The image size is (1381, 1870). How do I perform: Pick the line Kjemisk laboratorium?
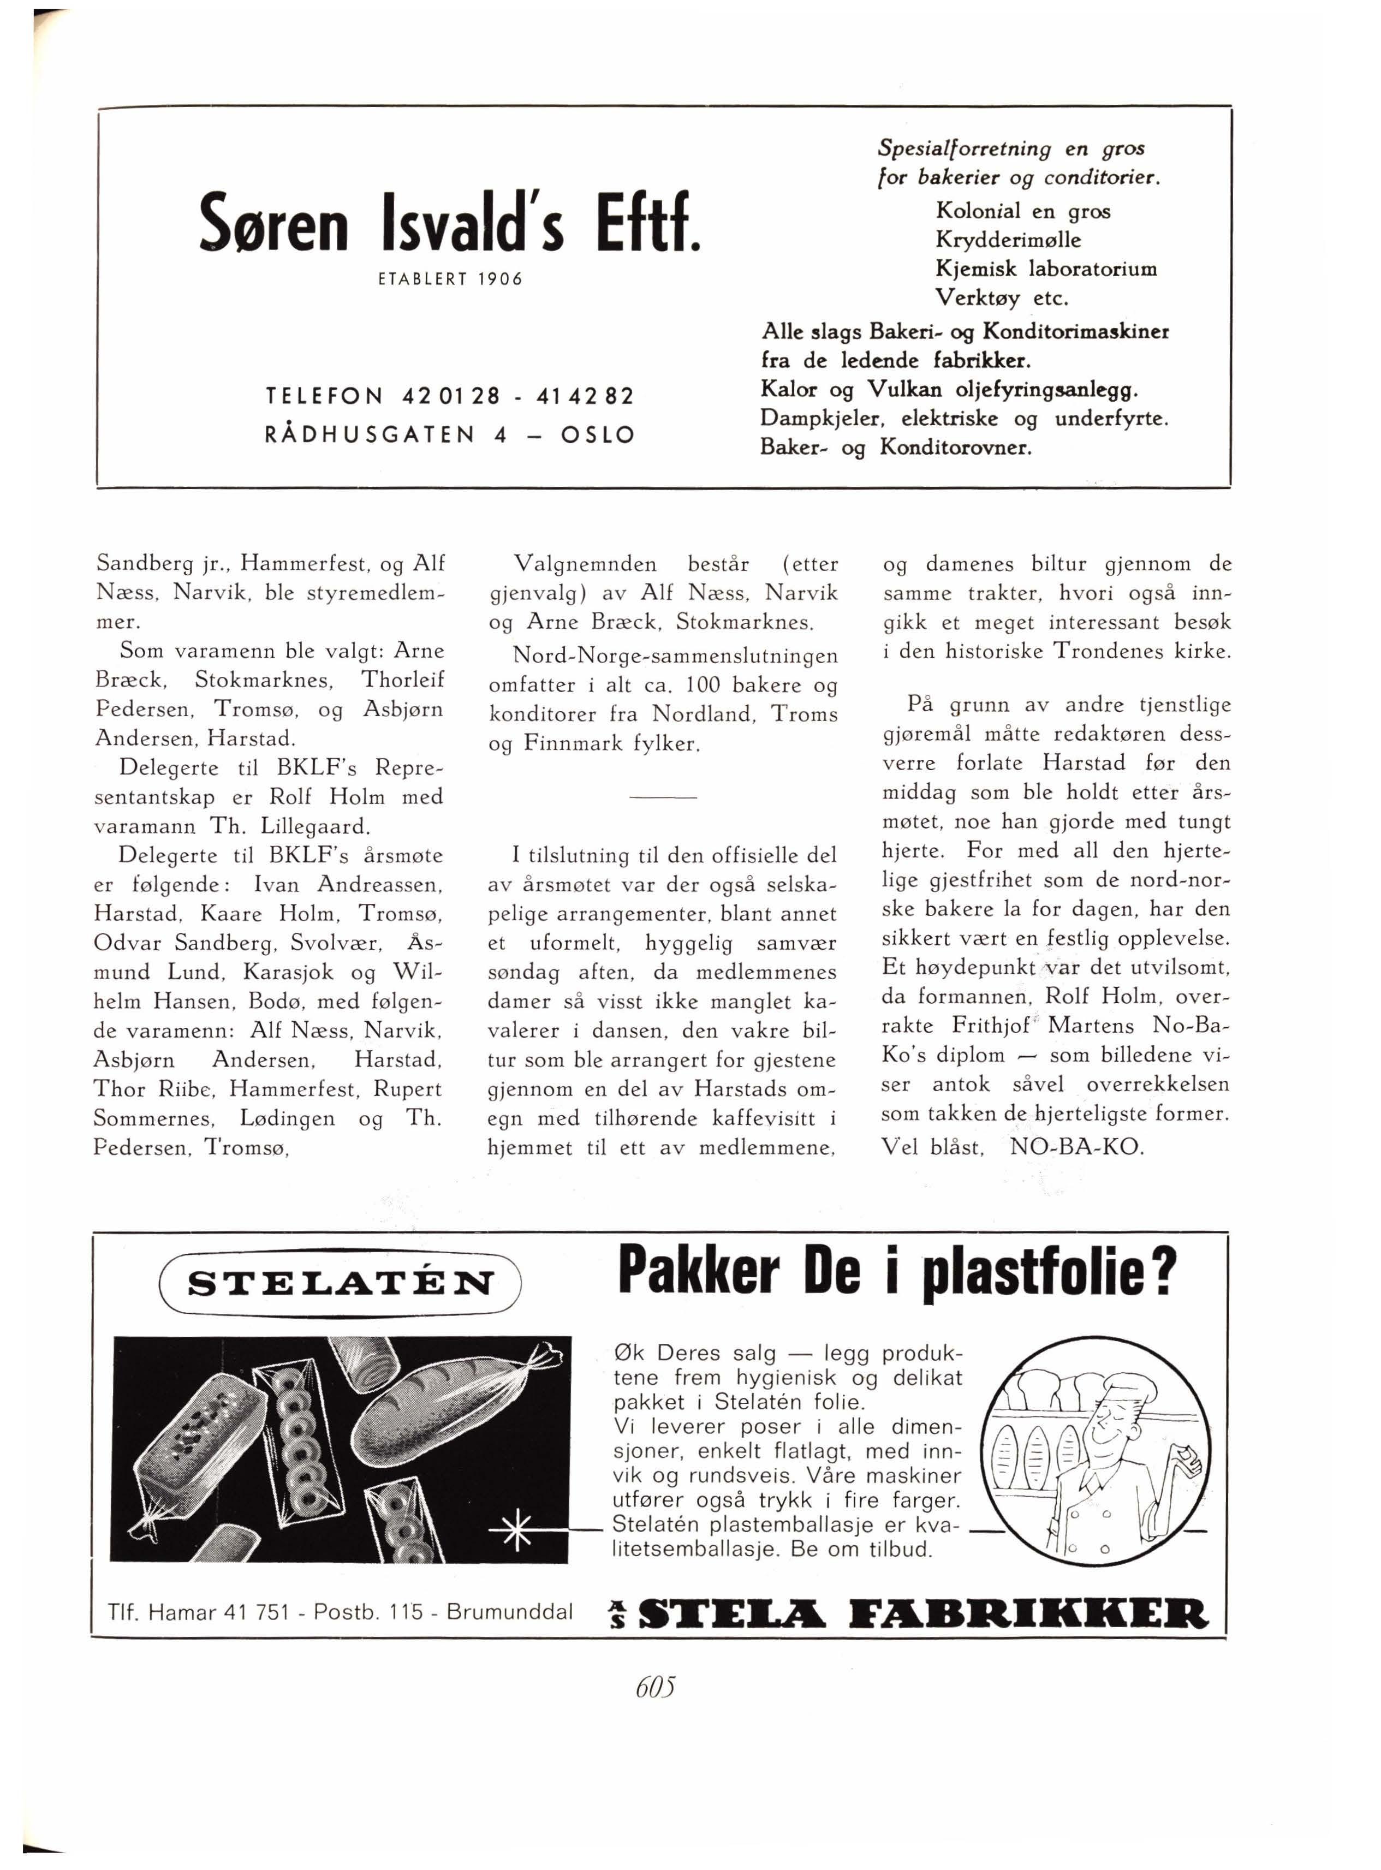point(1046,269)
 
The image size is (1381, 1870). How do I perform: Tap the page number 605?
point(654,1688)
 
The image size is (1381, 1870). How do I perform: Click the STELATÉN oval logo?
point(340,1283)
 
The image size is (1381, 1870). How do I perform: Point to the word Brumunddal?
point(509,1611)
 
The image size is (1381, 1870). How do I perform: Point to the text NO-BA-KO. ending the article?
point(1076,1146)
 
